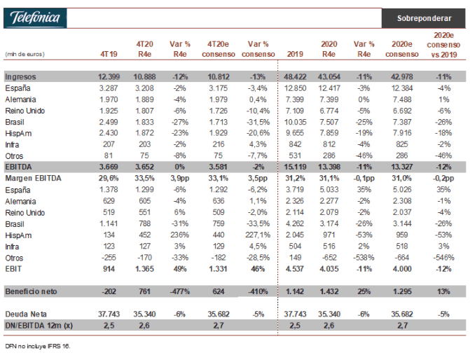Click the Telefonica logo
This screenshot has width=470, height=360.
(x=35, y=18)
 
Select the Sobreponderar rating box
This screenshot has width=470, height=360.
(x=424, y=18)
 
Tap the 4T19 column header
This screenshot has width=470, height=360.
(x=109, y=54)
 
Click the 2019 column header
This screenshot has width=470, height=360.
(x=295, y=54)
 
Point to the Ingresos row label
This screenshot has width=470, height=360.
(x=20, y=77)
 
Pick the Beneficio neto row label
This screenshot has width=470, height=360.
(x=31, y=291)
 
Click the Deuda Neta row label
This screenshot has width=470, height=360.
(x=26, y=314)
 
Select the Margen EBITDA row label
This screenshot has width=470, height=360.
(x=33, y=179)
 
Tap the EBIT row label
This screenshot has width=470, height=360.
(x=13, y=269)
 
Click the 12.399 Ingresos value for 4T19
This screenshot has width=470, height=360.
(x=109, y=77)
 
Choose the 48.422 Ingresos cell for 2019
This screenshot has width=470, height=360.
(x=295, y=77)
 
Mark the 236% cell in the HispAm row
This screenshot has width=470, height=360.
(x=179, y=235)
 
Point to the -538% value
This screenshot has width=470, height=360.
(x=364, y=258)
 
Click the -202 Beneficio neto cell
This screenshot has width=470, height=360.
(x=109, y=291)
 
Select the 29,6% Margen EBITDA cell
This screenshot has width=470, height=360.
(x=109, y=179)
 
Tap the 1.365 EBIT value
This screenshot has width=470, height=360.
(x=144, y=269)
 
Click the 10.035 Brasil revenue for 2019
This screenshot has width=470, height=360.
(x=295, y=123)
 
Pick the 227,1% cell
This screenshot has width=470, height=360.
(x=258, y=235)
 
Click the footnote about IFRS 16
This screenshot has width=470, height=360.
(x=37, y=346)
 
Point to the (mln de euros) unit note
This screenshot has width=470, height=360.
(x=25, y=54)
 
